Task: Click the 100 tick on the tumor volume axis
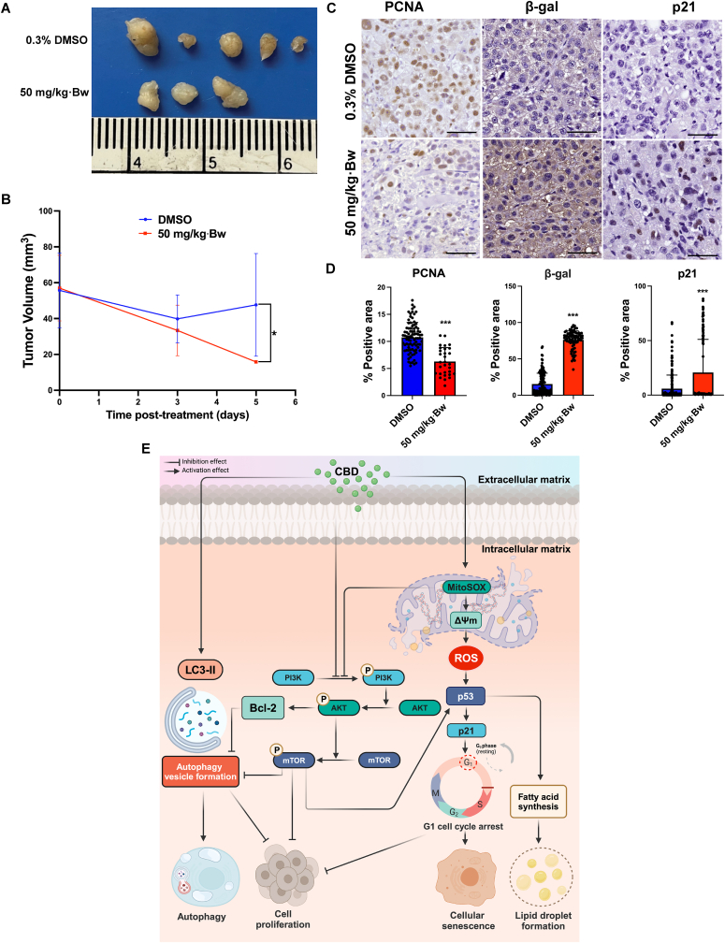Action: (45, 211)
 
